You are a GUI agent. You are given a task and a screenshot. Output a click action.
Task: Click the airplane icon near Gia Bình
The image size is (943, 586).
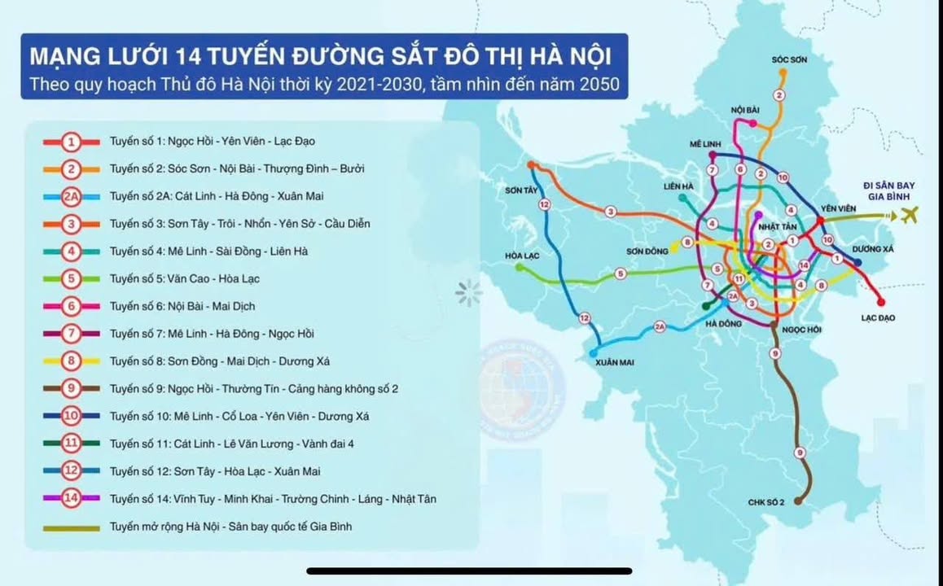pyautogui.click(x=909, y=216)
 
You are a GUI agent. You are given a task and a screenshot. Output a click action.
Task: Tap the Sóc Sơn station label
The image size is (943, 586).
pyautogui.click(x=788, y=59)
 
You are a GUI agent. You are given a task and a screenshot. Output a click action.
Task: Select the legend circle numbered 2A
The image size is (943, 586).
pyautogui.click(x=72, y=196)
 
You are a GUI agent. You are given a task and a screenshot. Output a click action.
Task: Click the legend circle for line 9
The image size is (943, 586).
pyautogui.click(x=72, y=389)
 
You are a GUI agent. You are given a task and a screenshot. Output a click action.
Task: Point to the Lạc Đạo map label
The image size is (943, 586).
pyautogui.click(x=877, y=318)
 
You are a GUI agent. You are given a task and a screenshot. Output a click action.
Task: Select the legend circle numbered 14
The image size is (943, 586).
pyautogui.click(x=72, y=499)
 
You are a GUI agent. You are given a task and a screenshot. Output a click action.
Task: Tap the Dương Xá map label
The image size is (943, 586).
pyautogui.click(x=873, y=249)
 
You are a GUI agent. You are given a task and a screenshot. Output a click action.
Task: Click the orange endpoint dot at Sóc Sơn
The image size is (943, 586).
pyautogui.click(x=783, y=71)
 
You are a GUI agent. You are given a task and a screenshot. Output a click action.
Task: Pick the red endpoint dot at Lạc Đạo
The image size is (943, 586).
pyautogui.click(x=881, y=303)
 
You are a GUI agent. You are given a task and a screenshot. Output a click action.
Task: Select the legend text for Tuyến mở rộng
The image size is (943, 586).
pyautogui.click(x=230, y=527)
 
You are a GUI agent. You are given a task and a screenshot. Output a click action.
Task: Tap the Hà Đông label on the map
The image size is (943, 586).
pyautogui.click(x=722, y=324)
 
